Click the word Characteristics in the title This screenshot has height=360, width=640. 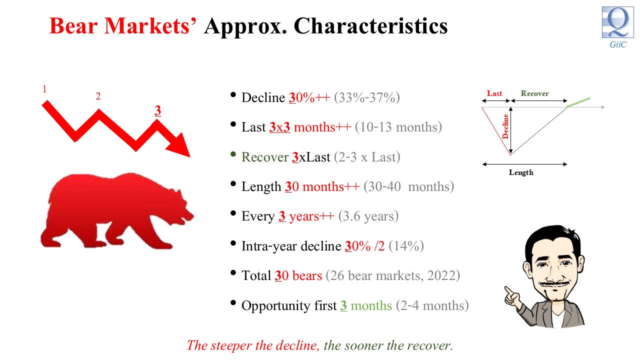(x=371, y=26)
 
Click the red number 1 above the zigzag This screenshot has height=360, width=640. (x=44, y=89)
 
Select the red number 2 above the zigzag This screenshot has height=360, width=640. (x=98, y=96)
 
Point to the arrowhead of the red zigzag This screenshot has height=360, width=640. (x=180, y=145)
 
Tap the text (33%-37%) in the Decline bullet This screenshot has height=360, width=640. (x=367, y=97)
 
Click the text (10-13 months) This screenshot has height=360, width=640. (x=398, y=127)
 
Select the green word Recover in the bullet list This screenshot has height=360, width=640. (x=265, y=157)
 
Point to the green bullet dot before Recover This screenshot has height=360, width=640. (x=233, y=154)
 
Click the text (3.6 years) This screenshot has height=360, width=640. (x=368, y=216)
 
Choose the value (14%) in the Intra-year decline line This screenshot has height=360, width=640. (x=406, y=246)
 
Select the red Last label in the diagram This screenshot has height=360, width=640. (x=494, y=93)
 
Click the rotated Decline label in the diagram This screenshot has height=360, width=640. (x=505, y=126)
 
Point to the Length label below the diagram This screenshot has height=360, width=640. (x=521, y=172)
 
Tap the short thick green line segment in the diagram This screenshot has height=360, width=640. (x=578, y=102)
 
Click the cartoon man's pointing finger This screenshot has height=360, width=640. (x=508, y=290)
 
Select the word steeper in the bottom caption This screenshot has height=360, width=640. (x=231, y=346)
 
